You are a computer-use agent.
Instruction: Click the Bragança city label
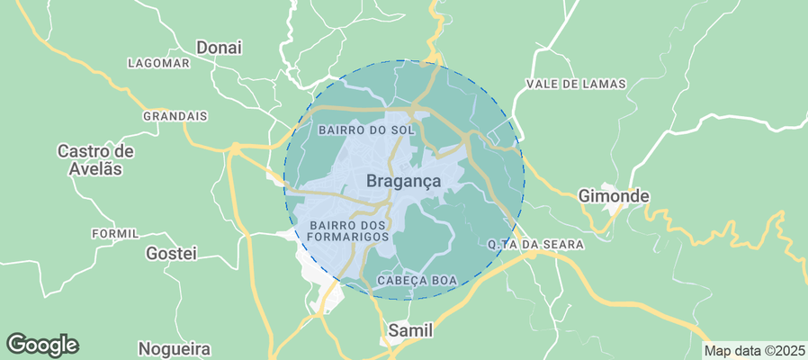(x=404, y=181)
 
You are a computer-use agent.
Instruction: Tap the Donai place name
(x=220, y=47)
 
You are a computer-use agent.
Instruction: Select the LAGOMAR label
(x=158, y=63)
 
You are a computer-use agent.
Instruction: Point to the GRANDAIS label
(x=175, y=116)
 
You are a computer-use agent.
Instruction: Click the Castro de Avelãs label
(x=95, y=159)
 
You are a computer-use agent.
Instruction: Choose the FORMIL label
(x=115, y=233)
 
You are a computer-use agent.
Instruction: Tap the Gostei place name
(x=171, y=254)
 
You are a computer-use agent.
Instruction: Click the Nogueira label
(x=175, y=348)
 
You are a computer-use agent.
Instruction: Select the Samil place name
(x=410, y=331)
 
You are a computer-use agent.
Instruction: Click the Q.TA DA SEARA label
(x=535, y=244)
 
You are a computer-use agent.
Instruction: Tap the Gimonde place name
(x=614, y=195)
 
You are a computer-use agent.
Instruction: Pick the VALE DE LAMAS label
(x=575, y=84)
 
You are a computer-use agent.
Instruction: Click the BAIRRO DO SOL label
(x=366, y=130)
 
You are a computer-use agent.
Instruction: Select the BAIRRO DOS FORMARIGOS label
(x=348, y=230)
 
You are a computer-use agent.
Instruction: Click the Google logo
(x=42, y=344)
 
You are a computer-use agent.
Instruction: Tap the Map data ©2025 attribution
(x=754, y=350)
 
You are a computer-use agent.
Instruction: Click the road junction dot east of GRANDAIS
(x=235, y=148)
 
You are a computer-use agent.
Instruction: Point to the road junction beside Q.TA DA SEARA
(x=532, y=255)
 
